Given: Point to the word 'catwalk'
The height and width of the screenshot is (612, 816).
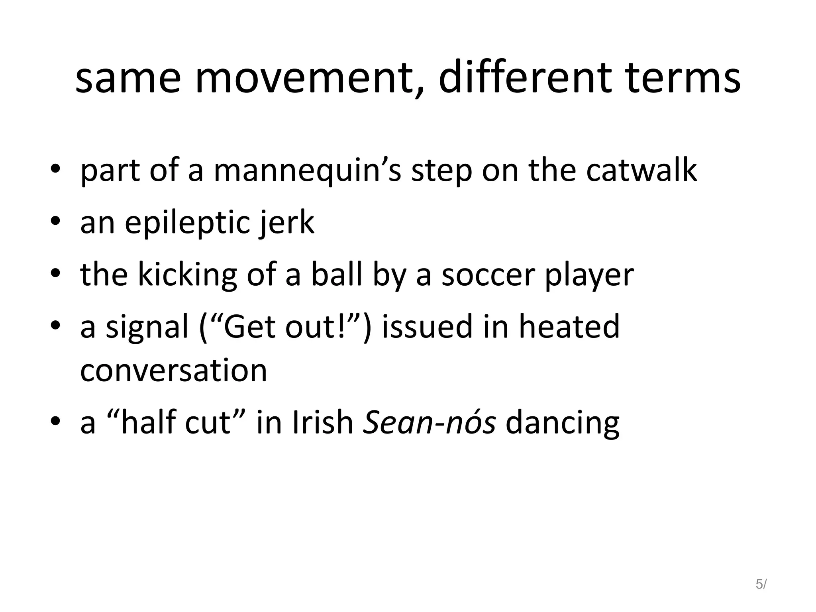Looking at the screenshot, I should pos(641,170).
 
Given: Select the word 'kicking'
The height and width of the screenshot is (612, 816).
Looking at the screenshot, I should pos(187,275).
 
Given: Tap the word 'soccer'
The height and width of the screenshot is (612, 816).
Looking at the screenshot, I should pos(488,275).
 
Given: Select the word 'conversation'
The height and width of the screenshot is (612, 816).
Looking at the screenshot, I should pos(173,371).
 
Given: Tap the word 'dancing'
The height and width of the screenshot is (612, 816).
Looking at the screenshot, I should pos(562,424).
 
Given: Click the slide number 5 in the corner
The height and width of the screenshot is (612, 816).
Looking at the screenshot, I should pos(759,584).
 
